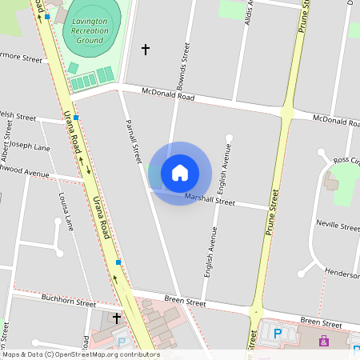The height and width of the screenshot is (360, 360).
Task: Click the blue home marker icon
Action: pyautogui.click(x=180, y=172)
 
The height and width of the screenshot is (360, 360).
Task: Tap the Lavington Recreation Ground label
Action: pyautogui.click(x=89, y=30)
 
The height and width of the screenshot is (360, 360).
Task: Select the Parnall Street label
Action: pyautogui.click(x=134, y=142)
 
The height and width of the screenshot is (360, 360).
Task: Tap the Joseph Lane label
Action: pyautogui.click(x=29, y=147)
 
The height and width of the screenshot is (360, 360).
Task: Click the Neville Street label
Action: pyautogui.click(x=338, y=226)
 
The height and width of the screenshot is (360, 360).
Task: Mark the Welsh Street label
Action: pyautogui.click(x=18, y=116)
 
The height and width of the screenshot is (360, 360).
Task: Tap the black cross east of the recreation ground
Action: pyautogui.click(x=146, y=50)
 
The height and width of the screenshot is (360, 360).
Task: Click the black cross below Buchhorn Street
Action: pyautogui.click(x=117, y=318)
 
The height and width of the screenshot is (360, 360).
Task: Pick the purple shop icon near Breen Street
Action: pyautogui.click(x=324, y=342)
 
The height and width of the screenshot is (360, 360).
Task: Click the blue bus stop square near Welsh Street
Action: pyautogui.click(x=76, y=118)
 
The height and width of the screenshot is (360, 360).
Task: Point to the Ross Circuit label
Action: pyautogui.click(x=346, y=161)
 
